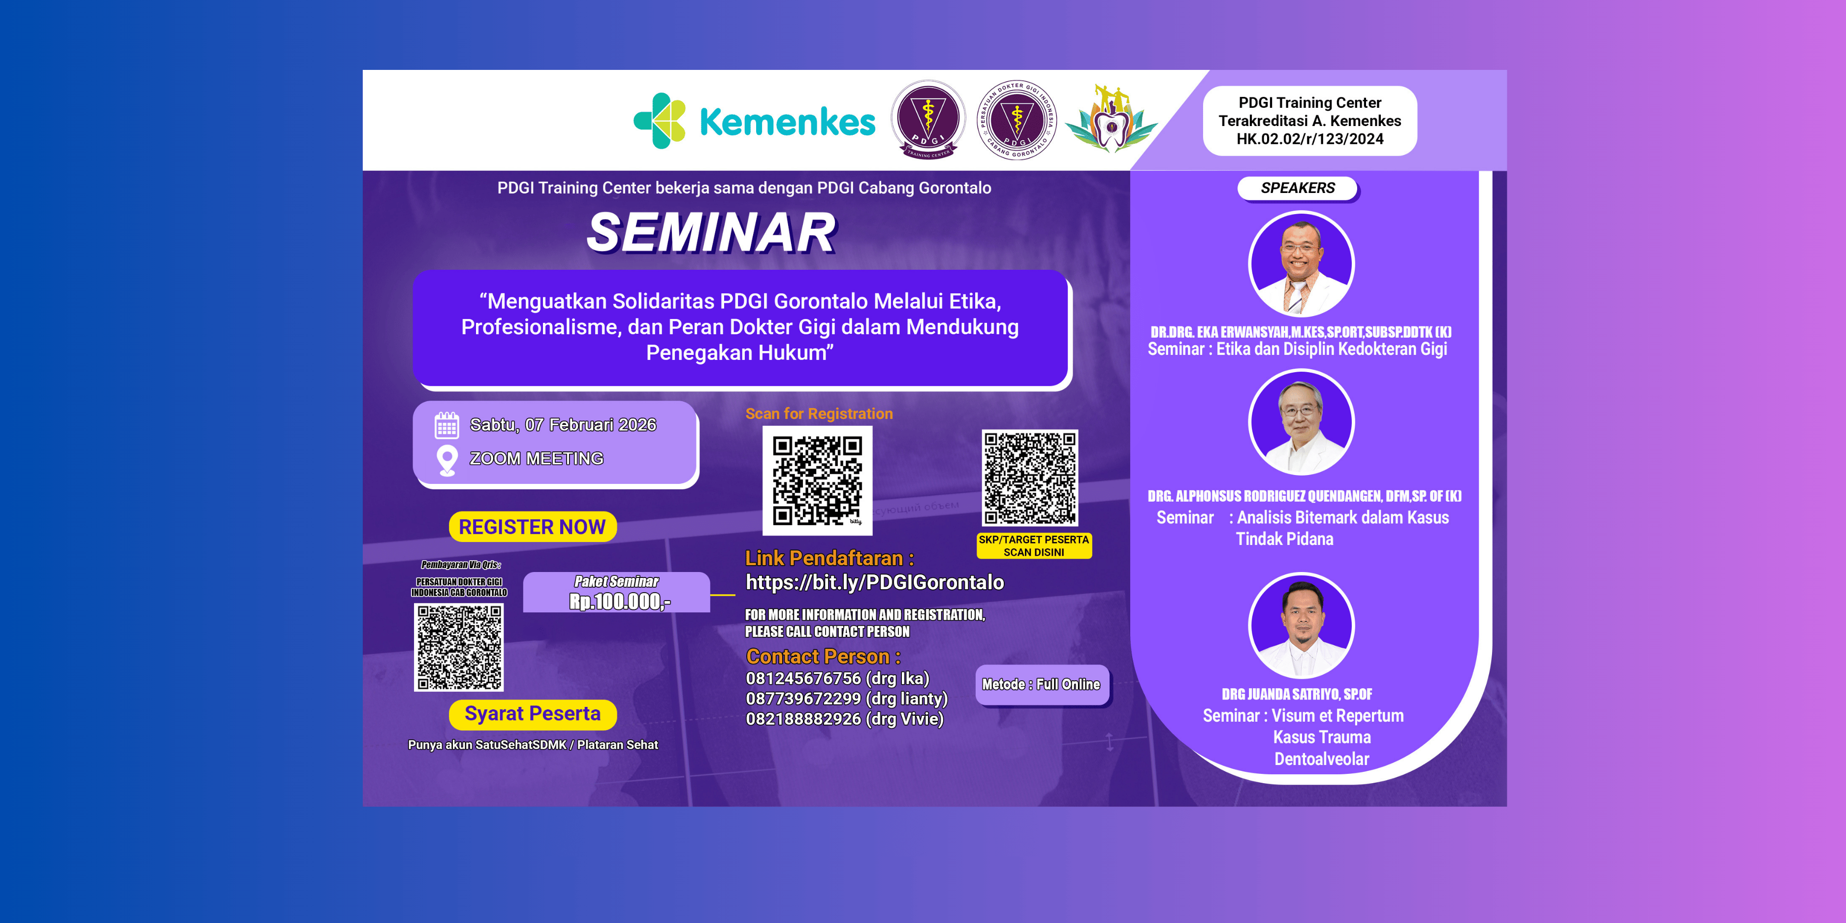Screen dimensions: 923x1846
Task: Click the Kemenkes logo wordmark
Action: (786, 122)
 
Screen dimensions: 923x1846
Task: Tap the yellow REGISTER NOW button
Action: (532, 527)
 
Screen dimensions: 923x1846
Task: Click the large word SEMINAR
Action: (711, 232)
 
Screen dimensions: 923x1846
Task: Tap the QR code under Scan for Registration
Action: (817, 480)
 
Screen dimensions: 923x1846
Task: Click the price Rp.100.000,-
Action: (619, 601)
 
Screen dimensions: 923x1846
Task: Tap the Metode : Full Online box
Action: (1041, 684)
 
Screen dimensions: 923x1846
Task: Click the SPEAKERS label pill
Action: (1297, 188)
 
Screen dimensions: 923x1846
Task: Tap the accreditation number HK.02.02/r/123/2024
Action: (1309, 139)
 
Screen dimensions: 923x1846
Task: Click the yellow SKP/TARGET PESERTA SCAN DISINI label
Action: (1033, 546)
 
